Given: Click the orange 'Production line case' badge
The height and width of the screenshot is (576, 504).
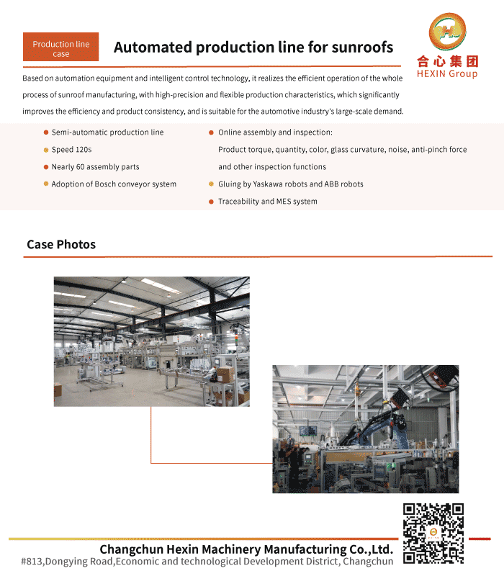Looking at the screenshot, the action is pos(61,47).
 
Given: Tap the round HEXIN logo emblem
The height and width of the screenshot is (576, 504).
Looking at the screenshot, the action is pos(447,32).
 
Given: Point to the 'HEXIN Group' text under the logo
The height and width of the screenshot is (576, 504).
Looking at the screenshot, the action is pos(447,74).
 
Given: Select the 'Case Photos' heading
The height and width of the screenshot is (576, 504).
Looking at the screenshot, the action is pos(61,244).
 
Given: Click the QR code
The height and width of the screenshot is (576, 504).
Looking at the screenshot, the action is pos(433,534).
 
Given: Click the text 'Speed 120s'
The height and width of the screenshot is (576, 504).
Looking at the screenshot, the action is pos(71,150).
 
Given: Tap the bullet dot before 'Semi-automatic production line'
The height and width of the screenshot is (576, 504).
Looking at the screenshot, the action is pos(46,132).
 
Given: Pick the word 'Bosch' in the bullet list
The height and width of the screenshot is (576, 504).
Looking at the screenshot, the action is pos(105,184).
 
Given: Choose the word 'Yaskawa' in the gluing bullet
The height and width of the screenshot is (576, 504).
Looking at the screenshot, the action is pos(267,184).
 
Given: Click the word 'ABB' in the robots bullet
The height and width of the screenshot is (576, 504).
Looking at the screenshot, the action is pos(331,184).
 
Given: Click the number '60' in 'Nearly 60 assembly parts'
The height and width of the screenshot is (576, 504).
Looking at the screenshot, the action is pos(81,167).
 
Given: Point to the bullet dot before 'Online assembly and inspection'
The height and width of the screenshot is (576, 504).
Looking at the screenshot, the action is pos(211,132).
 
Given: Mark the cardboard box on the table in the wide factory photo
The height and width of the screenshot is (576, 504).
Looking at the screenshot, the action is pos(225,374).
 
